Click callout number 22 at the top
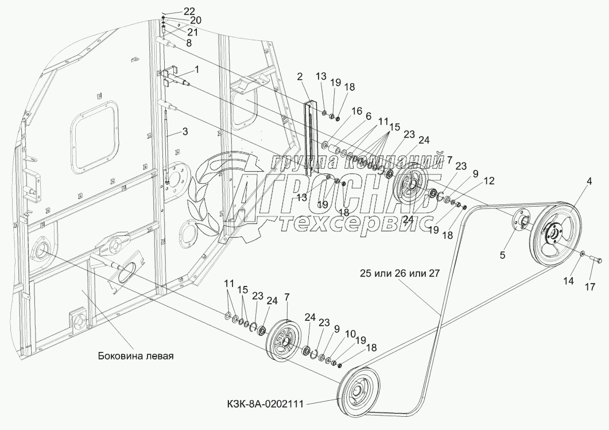pos(189,11)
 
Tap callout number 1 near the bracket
pos(197,69)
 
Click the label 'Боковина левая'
pos(135,355)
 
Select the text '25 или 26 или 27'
pos(401,273)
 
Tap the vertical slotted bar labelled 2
pos(311,138)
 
